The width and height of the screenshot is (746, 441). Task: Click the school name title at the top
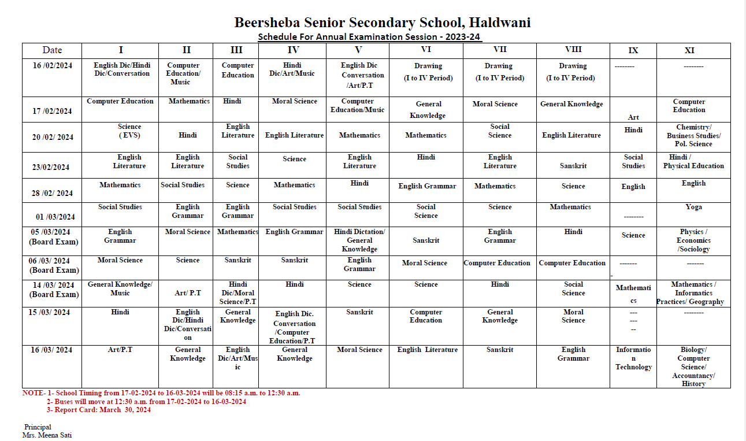tap(382, 23)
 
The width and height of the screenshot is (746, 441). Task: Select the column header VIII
tap(573, 50)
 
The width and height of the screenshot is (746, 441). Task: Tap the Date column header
tap(52, 50)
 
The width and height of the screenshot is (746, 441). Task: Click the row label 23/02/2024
tap(51, 167)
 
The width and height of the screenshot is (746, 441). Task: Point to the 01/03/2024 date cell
tap(55, 217)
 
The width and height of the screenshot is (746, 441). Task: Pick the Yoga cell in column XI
tap(693, 207)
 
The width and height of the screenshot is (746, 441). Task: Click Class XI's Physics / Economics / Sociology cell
tap(693, 240)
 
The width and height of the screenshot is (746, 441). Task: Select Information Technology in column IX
tap(633, 358)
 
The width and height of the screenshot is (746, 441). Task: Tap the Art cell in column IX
tap(633, 117)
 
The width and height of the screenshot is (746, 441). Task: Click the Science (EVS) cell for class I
tap(129, 131)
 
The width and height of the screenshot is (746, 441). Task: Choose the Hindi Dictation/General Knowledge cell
tap(359, 240)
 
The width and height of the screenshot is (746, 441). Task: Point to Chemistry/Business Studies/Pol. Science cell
tap(693, 136)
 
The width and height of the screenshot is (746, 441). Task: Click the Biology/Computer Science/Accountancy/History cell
tap(693, 366)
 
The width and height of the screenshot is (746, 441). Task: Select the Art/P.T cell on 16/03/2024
tap(120, 350)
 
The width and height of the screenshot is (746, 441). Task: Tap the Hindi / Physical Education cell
tap(693, 161)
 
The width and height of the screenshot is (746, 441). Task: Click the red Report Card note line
tap(99, 410)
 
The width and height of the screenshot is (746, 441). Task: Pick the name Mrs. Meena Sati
tap(47, 435)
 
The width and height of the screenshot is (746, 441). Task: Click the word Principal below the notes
tap(38, 427)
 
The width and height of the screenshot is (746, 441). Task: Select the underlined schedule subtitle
tap(370, 37)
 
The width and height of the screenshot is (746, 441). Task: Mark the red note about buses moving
tap(146, 401)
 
